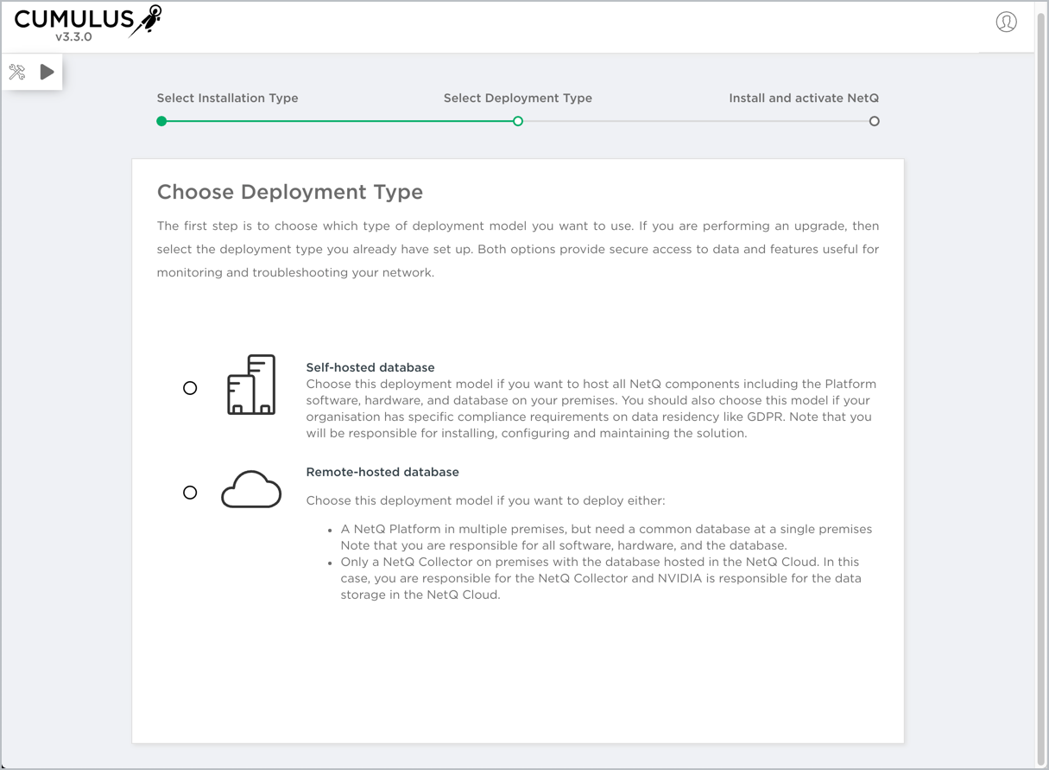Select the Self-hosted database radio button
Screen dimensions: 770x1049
tap(190, 388)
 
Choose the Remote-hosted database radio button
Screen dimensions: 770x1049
tap(190, 493)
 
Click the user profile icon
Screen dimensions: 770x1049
tap(1006, 22)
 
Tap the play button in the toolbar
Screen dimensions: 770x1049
tap(47, 73)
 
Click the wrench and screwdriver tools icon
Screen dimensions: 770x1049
tap(17, 73)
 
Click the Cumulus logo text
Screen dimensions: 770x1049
tap(74, 18)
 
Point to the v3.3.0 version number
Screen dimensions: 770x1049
tap(74, 38)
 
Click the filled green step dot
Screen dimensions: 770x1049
tap(161, 122)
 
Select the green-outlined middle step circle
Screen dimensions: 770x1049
tap(518, 122)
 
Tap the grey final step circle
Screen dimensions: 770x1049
tap(875, 122)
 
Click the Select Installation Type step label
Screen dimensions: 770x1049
tap(227, 99)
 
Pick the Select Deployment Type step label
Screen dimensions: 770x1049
tap(518, 99)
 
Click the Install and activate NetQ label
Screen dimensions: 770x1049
tap(804, 99)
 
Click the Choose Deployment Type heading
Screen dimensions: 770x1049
tap(290, 192)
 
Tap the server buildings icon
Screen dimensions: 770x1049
tap(251, 385)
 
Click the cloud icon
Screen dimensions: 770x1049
tap(251, 490)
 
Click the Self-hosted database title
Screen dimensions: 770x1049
tap(370, 367)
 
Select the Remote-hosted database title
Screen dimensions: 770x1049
tap(382, 472)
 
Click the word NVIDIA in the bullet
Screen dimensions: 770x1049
tap(681, 578)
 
